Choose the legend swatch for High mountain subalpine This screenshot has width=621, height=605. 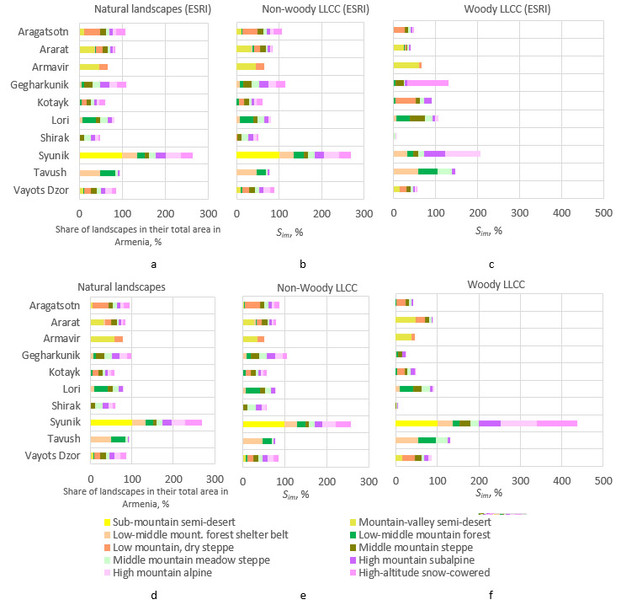tap(354, 560)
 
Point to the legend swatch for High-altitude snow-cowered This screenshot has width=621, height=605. tap(354, 573)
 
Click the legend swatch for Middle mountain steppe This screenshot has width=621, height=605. tap(354, 548)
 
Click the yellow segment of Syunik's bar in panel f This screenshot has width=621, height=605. tap(417, 423)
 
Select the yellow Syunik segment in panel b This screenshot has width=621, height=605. tap(257, 155)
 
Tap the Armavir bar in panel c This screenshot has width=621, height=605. tap(407, 65)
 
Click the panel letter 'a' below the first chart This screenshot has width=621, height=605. tap(153, 264)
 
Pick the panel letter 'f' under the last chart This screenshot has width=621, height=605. tap(491, 596)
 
